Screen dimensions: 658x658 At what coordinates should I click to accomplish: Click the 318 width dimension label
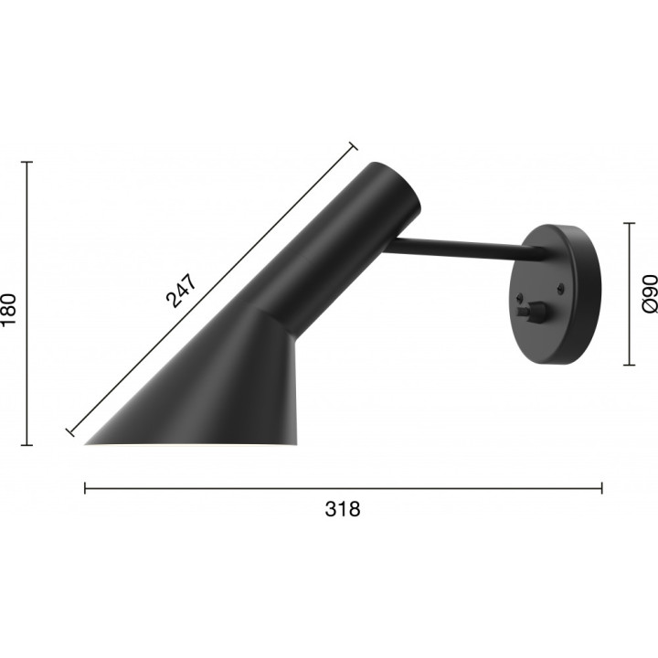[x=343, y=509]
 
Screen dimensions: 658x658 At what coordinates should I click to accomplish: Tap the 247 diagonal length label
[x=181, y=291]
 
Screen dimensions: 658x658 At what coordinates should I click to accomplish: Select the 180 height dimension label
[x=9, y=309]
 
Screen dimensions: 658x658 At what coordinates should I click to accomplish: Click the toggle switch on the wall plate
[x=531, y=313]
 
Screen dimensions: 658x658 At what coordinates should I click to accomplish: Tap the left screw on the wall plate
[x=520, y=297]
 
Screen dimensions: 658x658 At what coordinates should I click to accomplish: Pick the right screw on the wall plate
[x=560, y=288]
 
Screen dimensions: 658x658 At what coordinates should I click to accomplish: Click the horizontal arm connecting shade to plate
[x=466, y=248]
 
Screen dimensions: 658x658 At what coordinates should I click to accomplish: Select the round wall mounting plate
[x=555, y=294]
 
